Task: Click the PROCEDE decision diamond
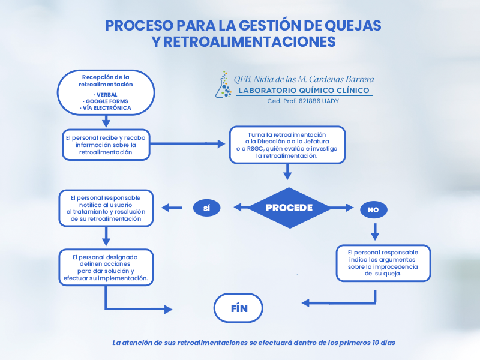[x=290, y=208]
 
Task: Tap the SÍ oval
[x=206, y=208]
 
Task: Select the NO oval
[x=373, y=209]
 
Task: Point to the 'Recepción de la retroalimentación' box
[x=106, y=92]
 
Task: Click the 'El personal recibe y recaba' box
[x=106, y=145]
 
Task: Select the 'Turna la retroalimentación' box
[x=287, y=145]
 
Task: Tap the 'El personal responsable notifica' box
[x=106, y=208]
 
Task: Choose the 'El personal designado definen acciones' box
[x=106, y=267]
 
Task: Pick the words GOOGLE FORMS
[x=106, y=101]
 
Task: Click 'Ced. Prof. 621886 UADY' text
[x=303, y=101]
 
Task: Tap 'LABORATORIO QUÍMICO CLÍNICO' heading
[x=304, y=91]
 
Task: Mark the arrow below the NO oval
[x=376, y=231]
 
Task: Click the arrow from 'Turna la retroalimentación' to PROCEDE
[x=287, y=172]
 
